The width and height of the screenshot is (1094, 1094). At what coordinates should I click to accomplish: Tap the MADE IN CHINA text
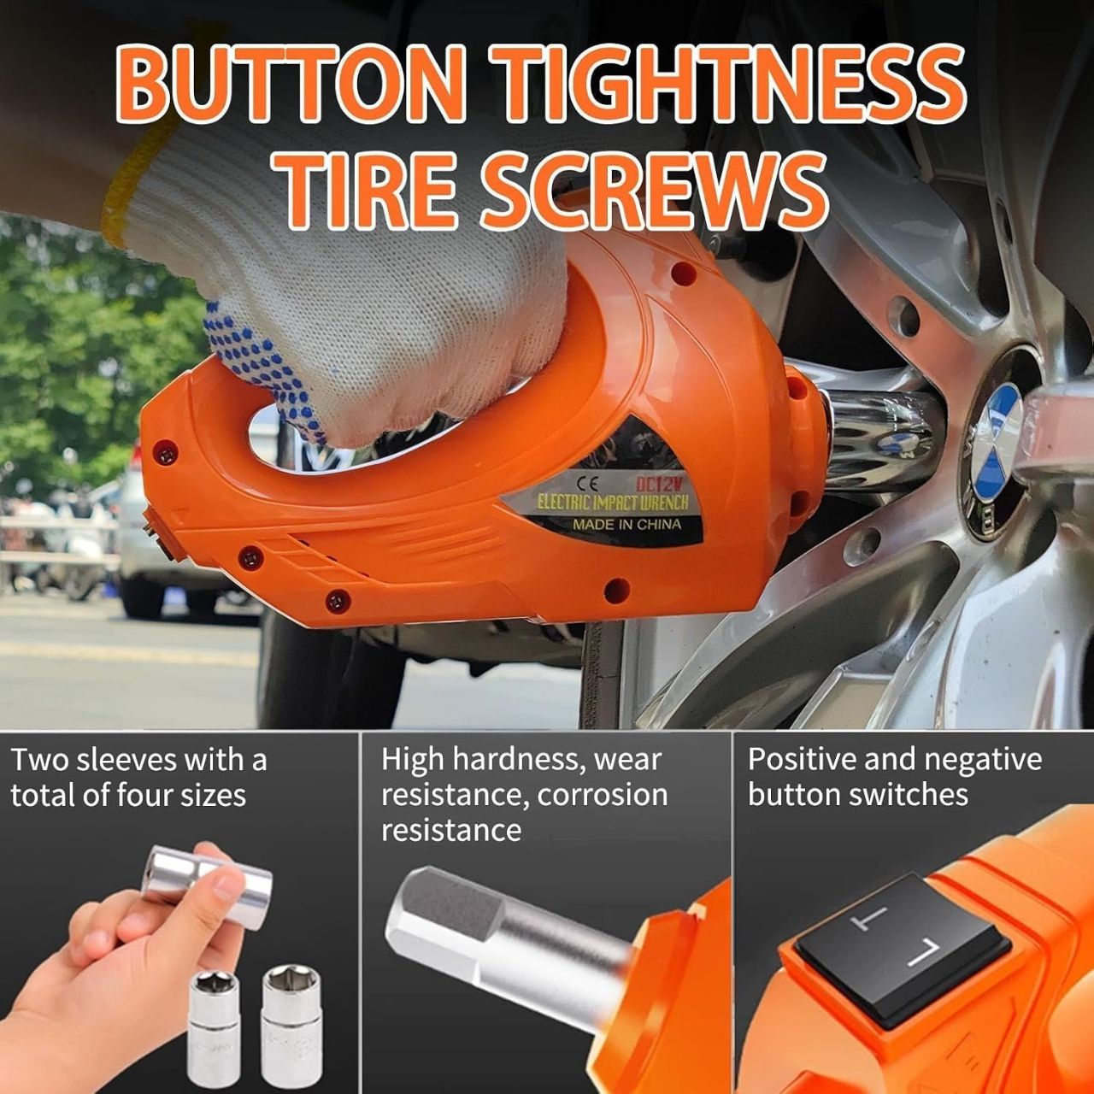(626, 523)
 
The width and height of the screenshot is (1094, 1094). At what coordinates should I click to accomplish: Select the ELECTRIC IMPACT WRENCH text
(613, 503)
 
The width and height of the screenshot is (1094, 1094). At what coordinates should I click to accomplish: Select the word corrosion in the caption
(603, 796)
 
